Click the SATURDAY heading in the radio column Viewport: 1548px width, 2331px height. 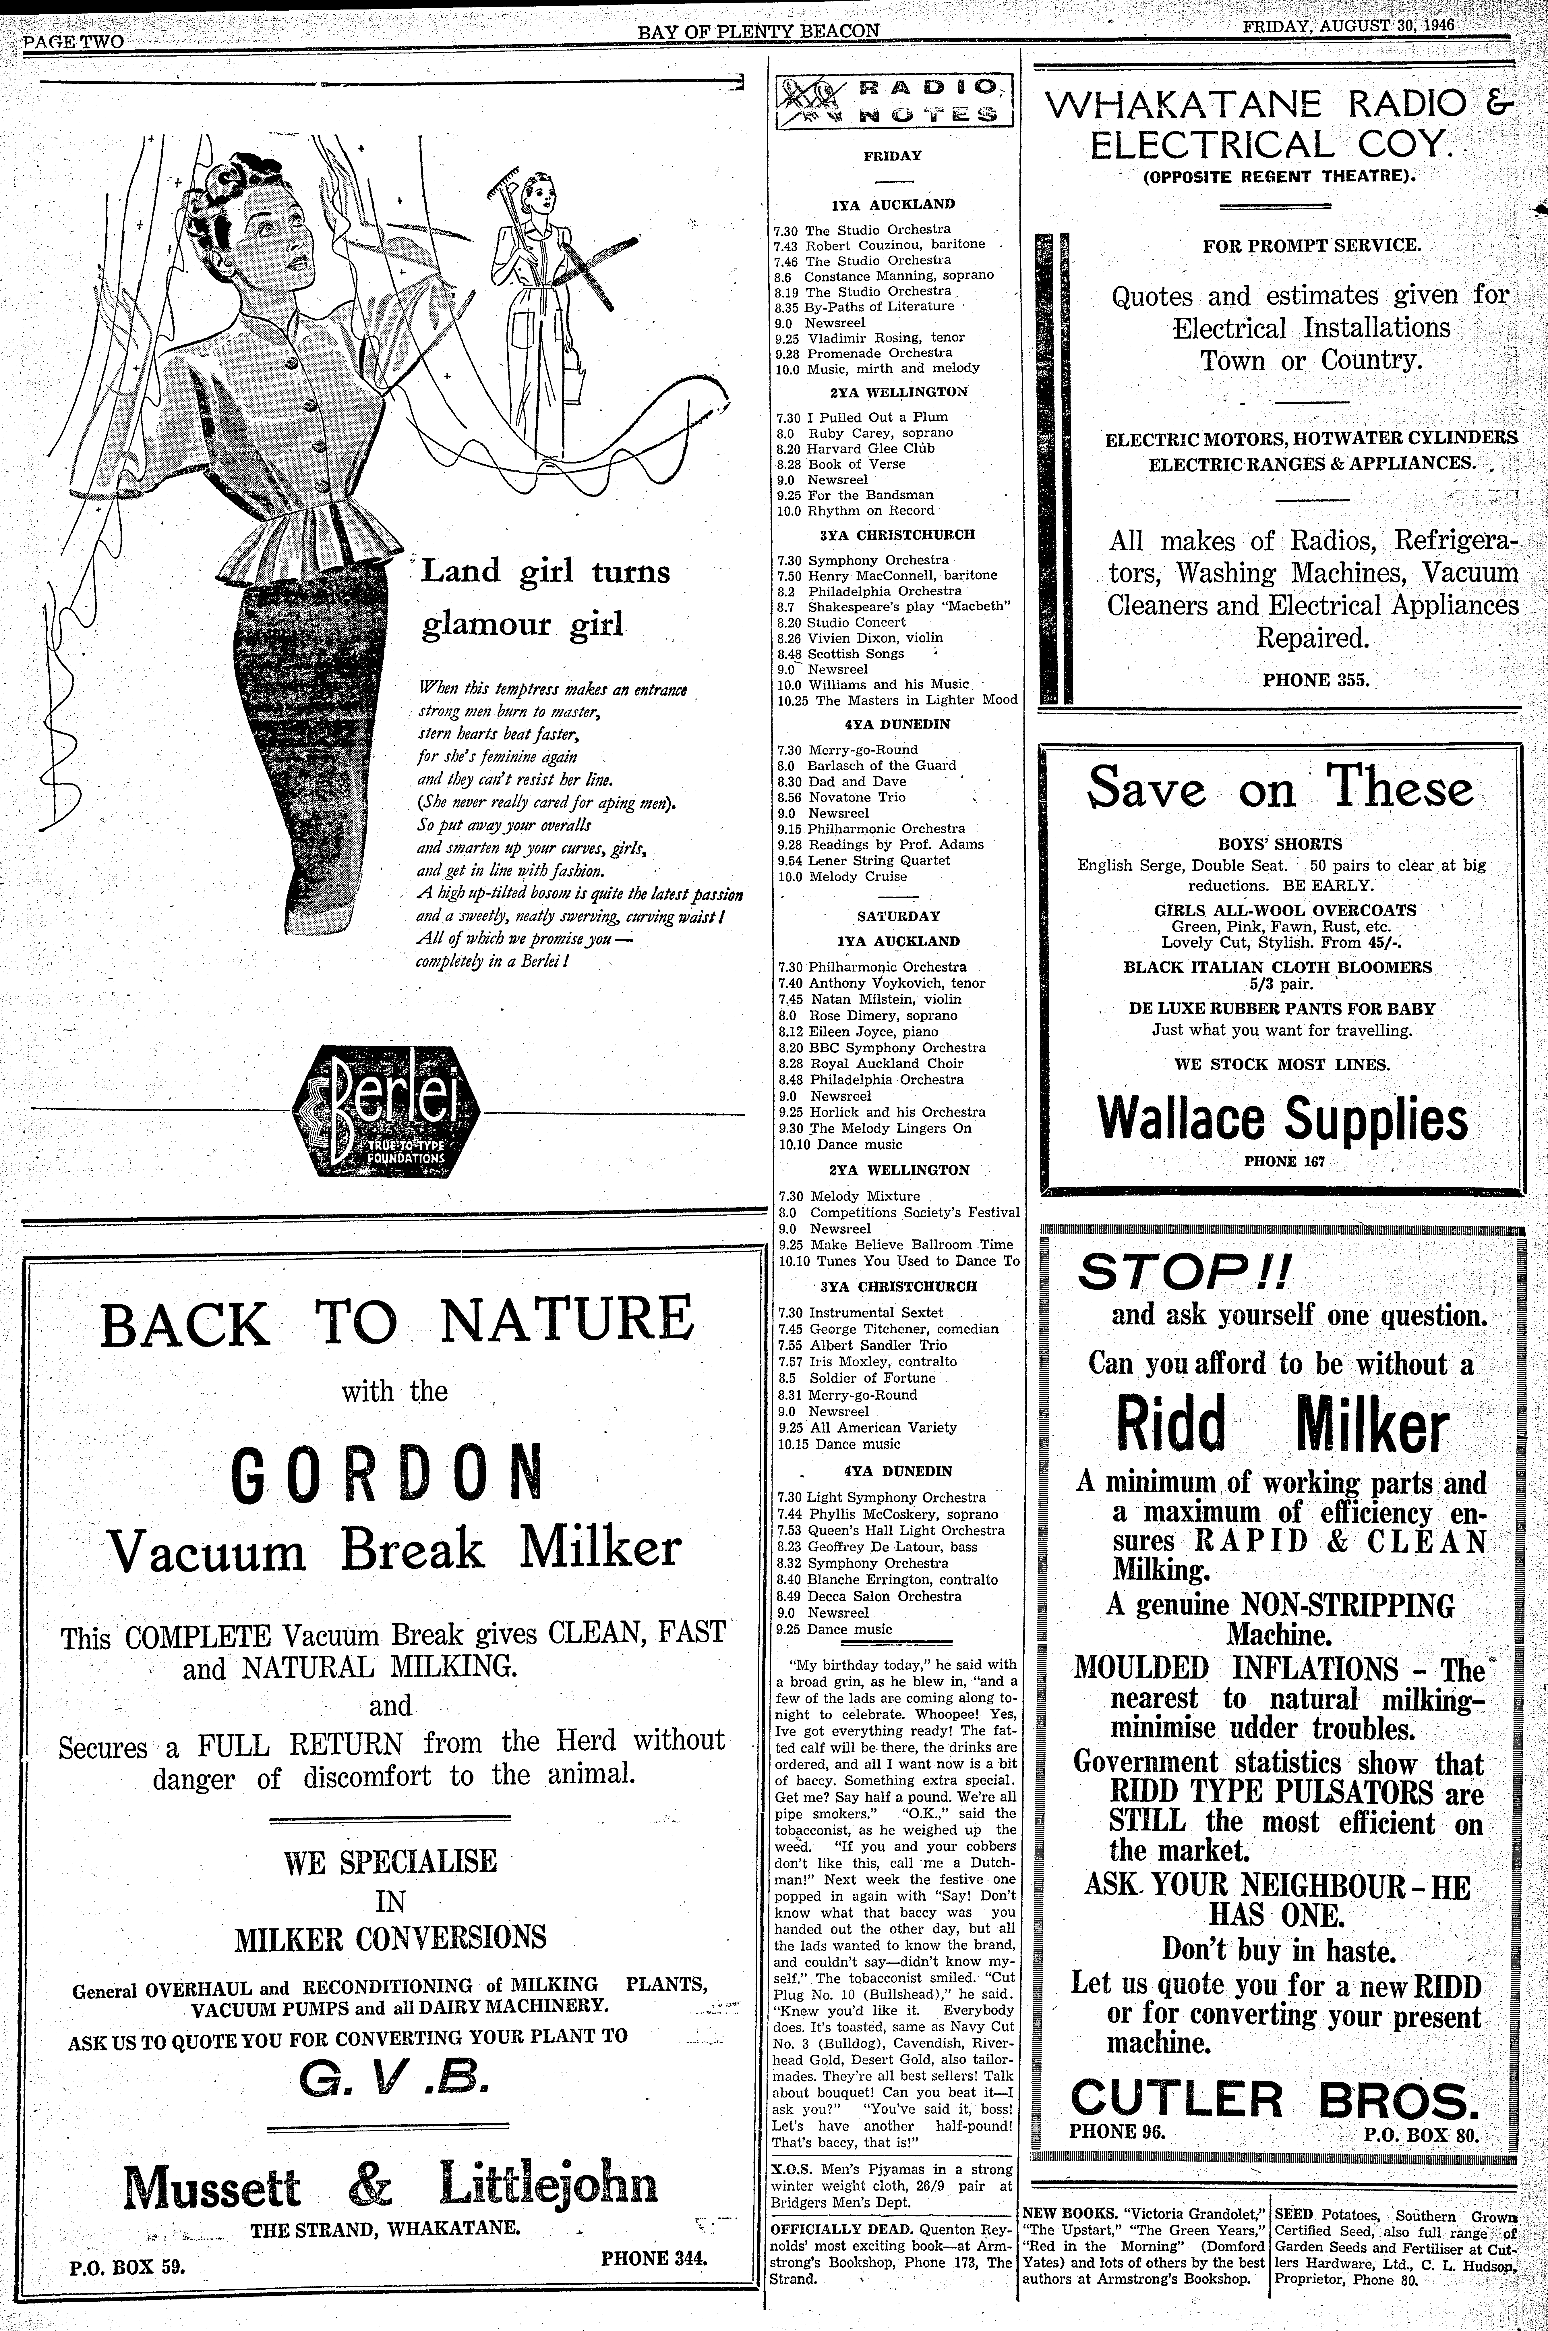coord(898,916)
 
